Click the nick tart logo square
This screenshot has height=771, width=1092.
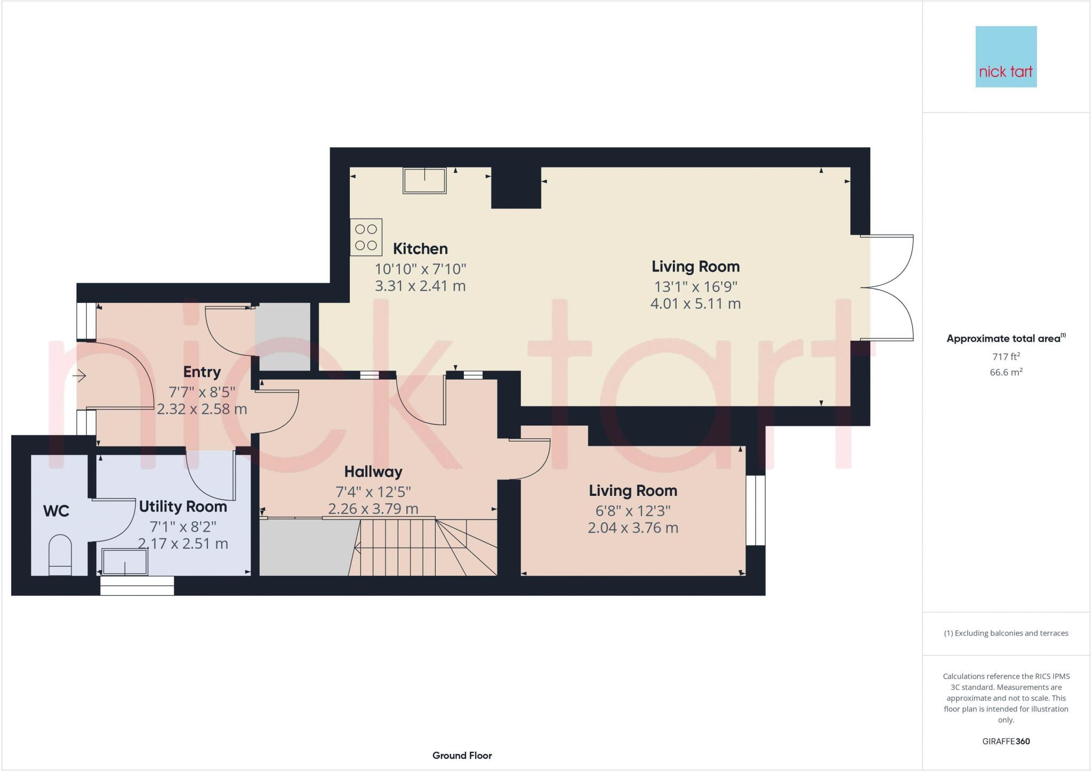click(x=1006, y=57)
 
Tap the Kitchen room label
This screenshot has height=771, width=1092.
click(x=420, y=248)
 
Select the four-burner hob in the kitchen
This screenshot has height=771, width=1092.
click(x=366, y=237)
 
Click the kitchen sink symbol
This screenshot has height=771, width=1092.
click(x=424, y=180)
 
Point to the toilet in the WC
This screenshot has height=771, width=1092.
click(x=60, y=556)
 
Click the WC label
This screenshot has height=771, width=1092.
click(x=56, y=511)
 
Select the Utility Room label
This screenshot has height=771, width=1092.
click(x=183, y=507)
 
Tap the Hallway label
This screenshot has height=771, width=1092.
click(x=373, y=471)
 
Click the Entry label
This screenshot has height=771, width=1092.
click(x=202, y=372)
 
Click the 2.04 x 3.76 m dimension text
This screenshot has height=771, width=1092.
click(x=632, y=528)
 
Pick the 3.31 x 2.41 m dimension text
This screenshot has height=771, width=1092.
click(x=420, y=286)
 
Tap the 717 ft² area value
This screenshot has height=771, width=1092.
click(x=1005, y=356)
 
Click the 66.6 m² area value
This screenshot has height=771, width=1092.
click(x=1006, y=372)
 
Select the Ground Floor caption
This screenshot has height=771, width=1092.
click(x=462, y=755)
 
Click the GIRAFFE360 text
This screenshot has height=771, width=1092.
click(x=1006, y=741)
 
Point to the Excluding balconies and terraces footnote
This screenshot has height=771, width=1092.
click(x=1006, y=633)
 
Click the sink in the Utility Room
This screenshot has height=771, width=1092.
click(x=125, y=562)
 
